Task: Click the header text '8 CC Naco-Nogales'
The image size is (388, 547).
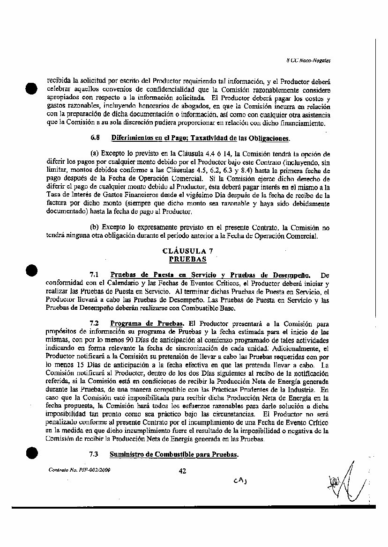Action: [x=308, y=60]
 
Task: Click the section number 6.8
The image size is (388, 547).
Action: [x=95, y=138]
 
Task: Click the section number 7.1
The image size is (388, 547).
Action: [x=94, y=275]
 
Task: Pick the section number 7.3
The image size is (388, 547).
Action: [x=94, y=454]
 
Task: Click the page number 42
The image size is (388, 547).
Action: [x=182, y=471]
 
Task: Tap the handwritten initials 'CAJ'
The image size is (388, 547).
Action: [x=239, y=481]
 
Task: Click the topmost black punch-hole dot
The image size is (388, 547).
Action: [x=31, y=88]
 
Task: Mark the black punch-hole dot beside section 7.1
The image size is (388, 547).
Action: [x=31, y=270]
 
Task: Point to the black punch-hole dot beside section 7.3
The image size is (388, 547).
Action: [x=31, y=453]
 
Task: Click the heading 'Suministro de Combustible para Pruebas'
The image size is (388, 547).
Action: [x=174, y=454]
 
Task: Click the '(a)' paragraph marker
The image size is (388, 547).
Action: [x=94, y=153]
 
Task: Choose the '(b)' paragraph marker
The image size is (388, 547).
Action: [x=94, y=228]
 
